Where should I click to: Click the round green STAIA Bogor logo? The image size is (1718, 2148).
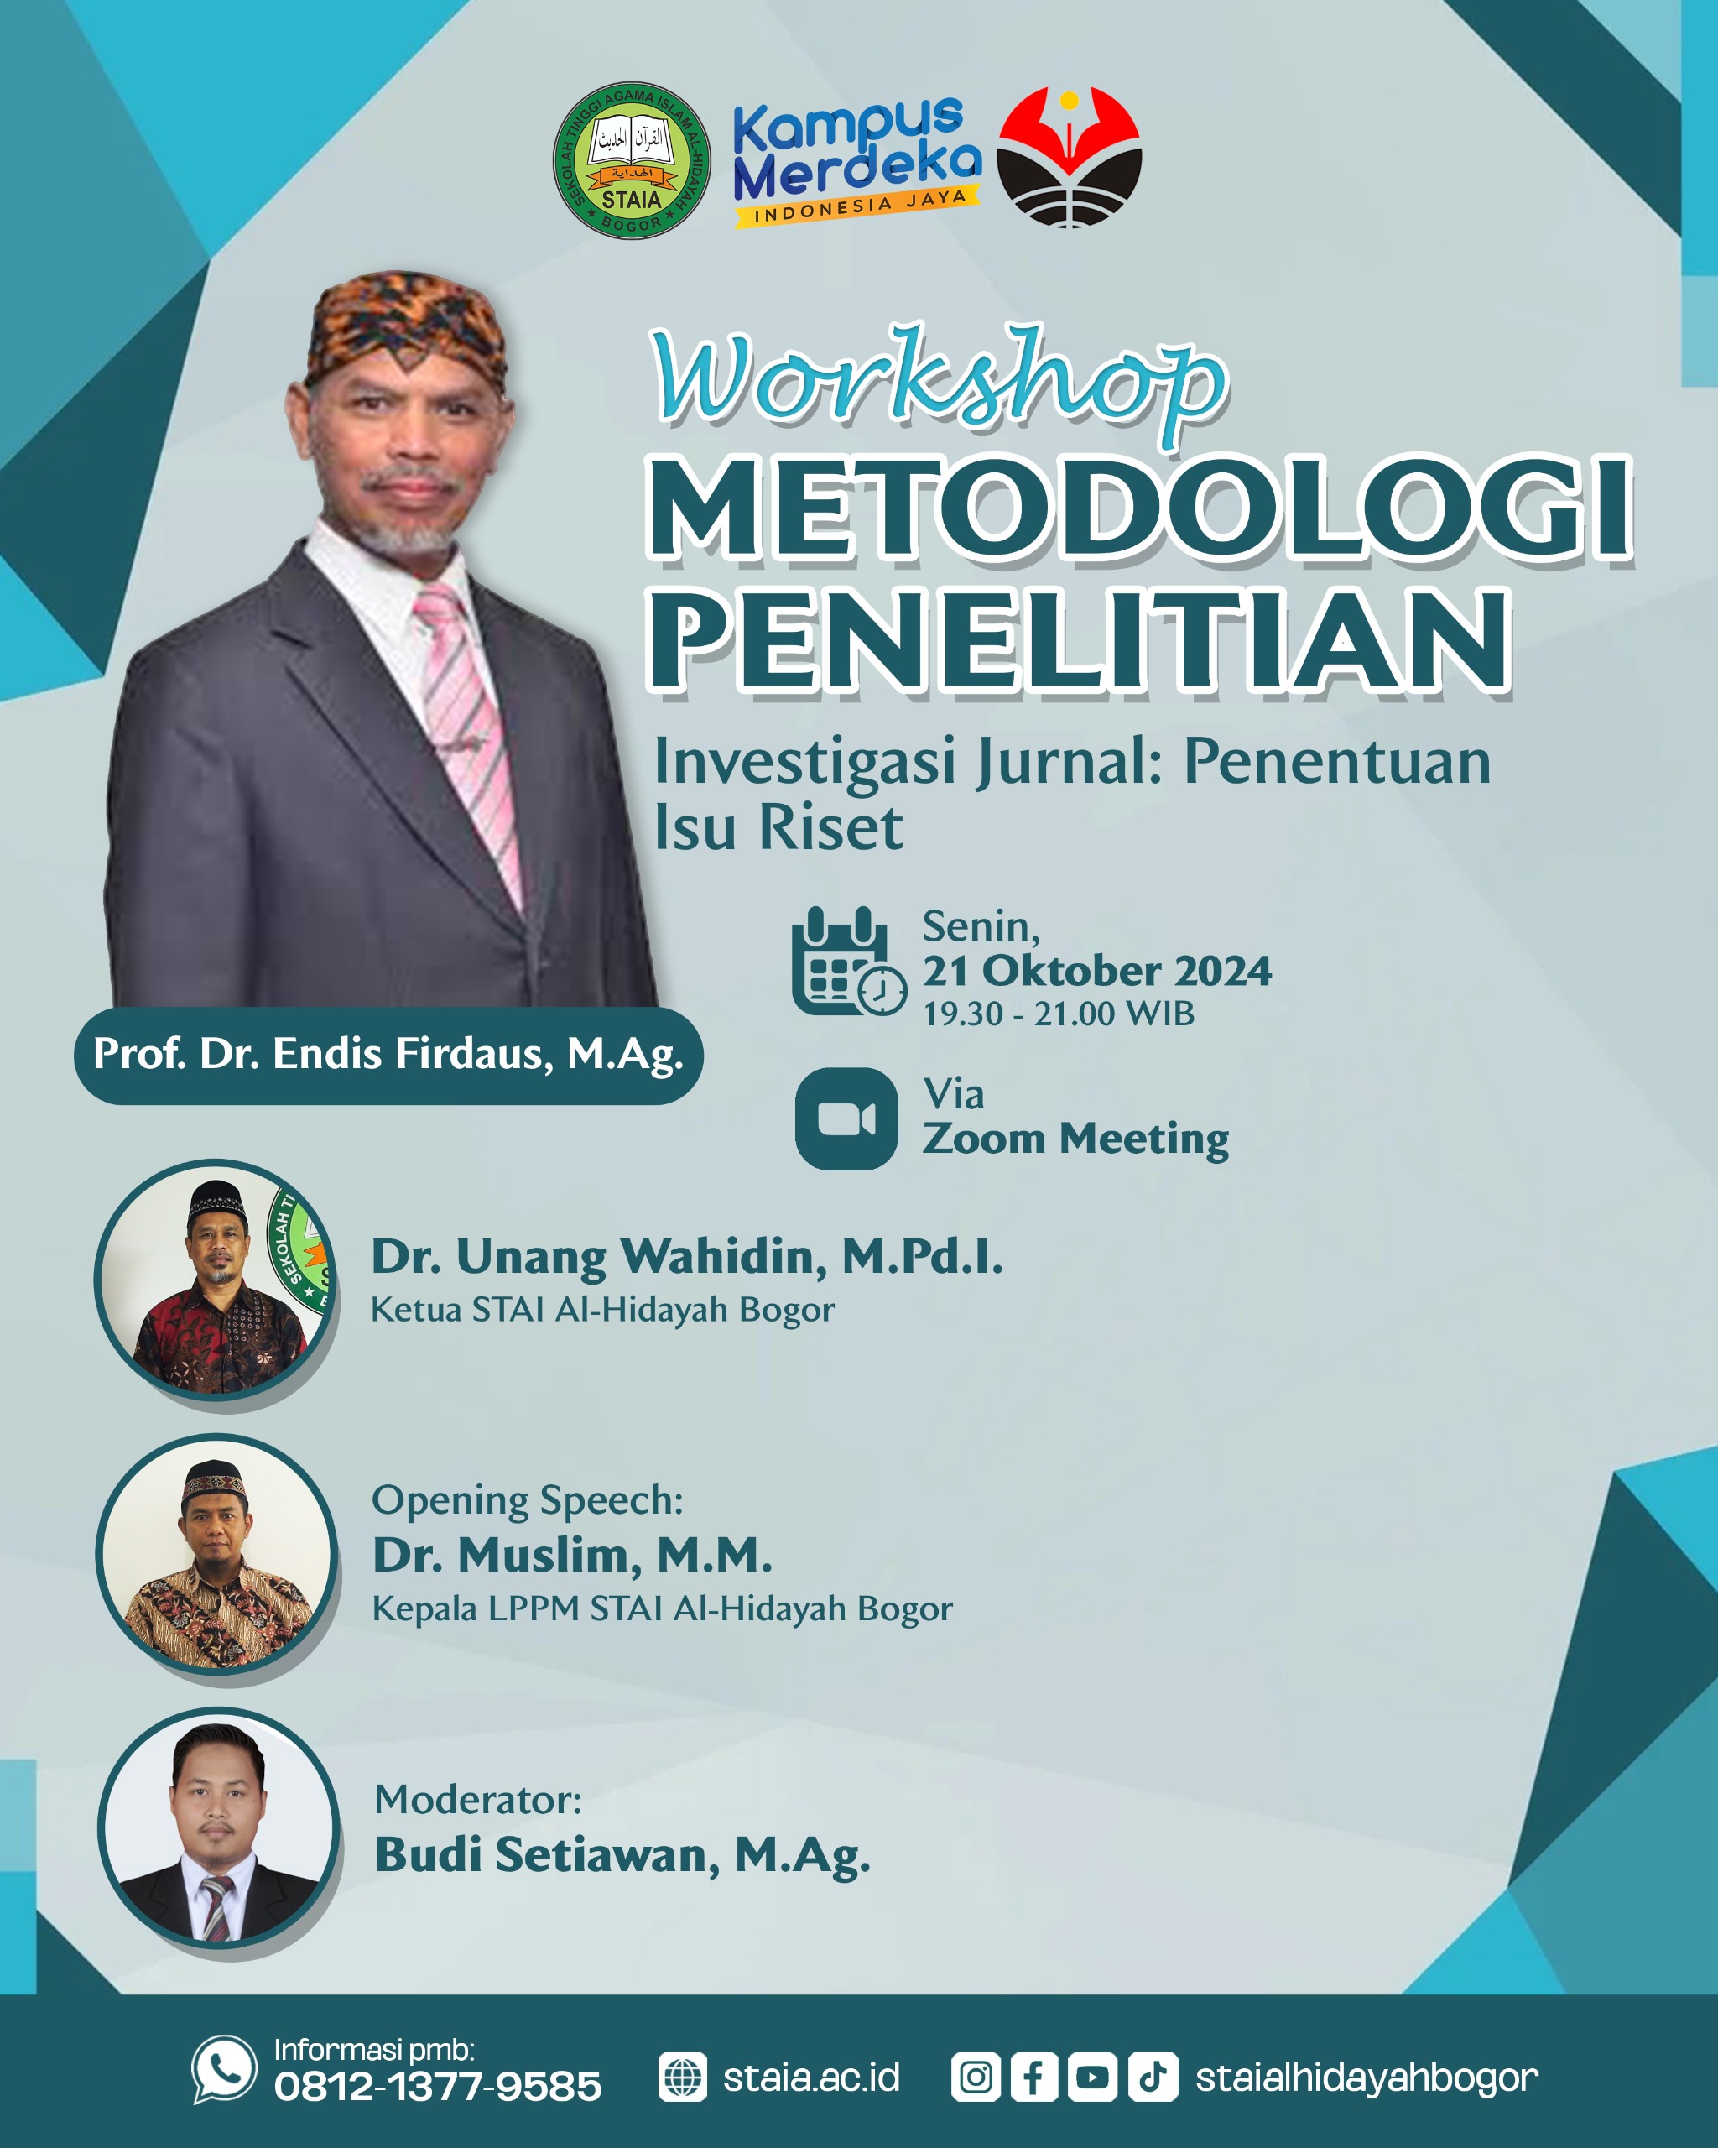point(632,160)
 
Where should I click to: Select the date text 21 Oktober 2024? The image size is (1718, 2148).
point(1096,971)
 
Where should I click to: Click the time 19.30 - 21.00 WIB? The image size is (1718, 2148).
point(1058,1014)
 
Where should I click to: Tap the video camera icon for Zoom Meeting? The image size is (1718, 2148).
point(846,1118)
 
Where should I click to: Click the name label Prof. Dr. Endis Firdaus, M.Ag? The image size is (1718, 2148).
point(388,1055)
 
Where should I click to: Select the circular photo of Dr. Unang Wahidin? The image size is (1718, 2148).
point(216,1280)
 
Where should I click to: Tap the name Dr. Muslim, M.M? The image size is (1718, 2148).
point(573,1554)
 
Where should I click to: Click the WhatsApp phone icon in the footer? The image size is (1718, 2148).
point(224,2069)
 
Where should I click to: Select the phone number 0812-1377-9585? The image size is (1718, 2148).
point(438,2086)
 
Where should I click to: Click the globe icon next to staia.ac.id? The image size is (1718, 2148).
point(683,2078)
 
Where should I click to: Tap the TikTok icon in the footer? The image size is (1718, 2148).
point(1153,2078)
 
